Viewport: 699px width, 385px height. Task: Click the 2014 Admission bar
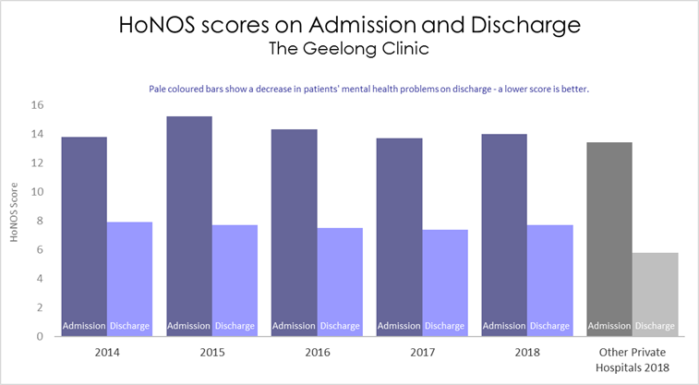84,231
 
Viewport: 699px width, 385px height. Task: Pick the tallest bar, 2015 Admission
189,222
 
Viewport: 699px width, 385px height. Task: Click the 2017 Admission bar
399,231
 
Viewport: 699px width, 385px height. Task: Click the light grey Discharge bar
656,291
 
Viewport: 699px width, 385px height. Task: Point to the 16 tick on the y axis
37,105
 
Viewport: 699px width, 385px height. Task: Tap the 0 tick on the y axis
40,336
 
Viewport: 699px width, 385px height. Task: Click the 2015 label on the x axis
211,352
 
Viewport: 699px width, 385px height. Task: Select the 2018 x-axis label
527,352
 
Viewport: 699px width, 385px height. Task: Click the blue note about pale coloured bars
368,90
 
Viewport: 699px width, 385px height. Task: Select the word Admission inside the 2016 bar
295,325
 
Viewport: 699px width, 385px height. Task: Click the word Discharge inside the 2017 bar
445,325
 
